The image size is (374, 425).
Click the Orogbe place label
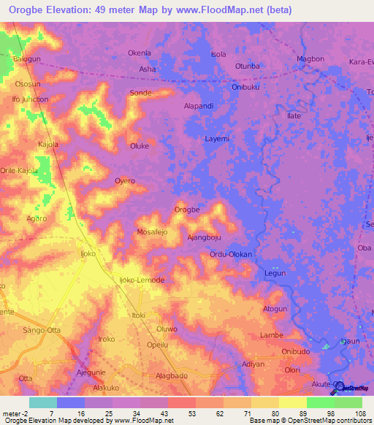point(187,210)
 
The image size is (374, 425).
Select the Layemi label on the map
point(217,138)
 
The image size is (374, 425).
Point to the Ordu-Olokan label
point(230,254)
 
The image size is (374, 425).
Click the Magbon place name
point(310,58)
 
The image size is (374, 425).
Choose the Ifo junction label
point(30,99)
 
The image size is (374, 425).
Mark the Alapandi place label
point(198,105)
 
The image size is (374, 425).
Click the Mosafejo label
point(152,231)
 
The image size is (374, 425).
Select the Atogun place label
point(275,309)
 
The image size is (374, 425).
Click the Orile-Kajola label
point(18,170)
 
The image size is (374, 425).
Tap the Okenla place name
point(139,53)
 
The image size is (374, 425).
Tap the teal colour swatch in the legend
point(42,402)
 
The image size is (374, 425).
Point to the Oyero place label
point(125,180)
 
